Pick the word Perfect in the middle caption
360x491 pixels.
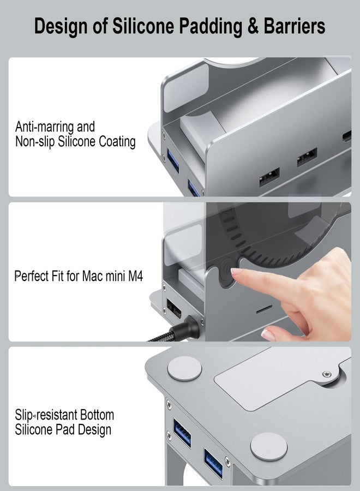[x=34, y=276]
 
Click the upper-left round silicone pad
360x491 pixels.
[x=184, y=369]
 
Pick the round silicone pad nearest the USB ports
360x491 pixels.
[x=268, y=446]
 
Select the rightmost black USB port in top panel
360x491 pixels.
[x=307, y=159]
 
